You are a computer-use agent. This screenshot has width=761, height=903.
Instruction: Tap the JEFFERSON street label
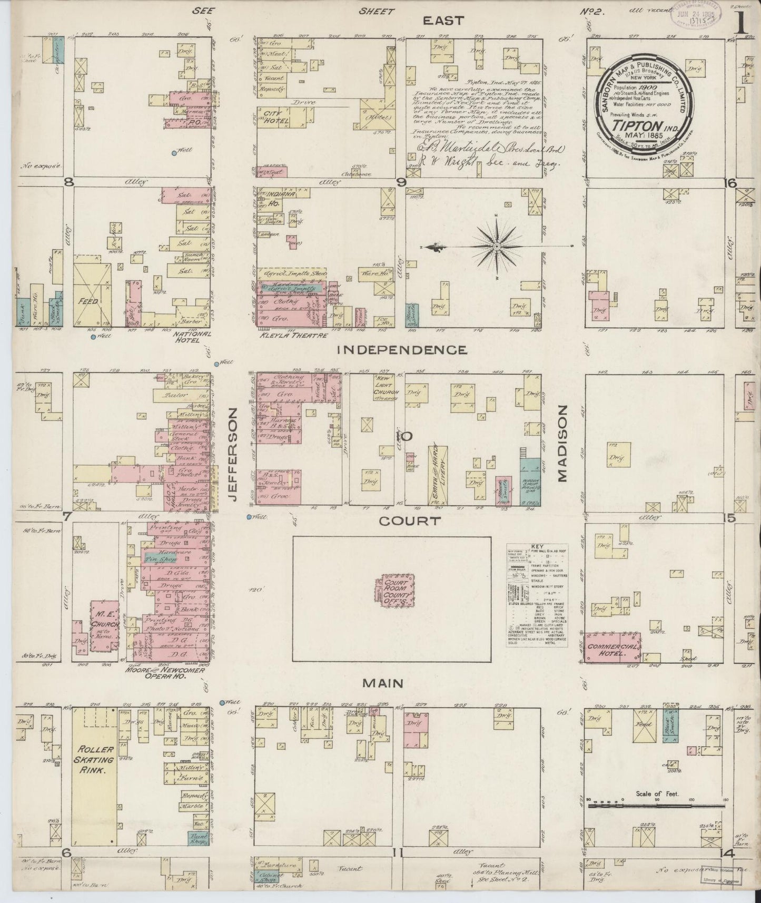[233, 455]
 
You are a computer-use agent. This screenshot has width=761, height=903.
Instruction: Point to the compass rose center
[497, 247]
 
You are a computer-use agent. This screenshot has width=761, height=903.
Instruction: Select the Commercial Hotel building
[614, 646]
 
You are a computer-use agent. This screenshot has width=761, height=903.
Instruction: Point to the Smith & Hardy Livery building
[437, 473]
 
